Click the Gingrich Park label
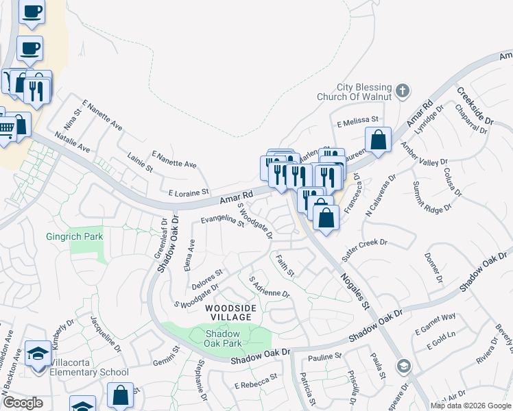click(74, 236)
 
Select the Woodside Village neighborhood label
click(231, 314)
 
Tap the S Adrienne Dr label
click(270, 288)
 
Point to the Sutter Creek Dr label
click(365, 250)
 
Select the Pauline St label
click(324, 357)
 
